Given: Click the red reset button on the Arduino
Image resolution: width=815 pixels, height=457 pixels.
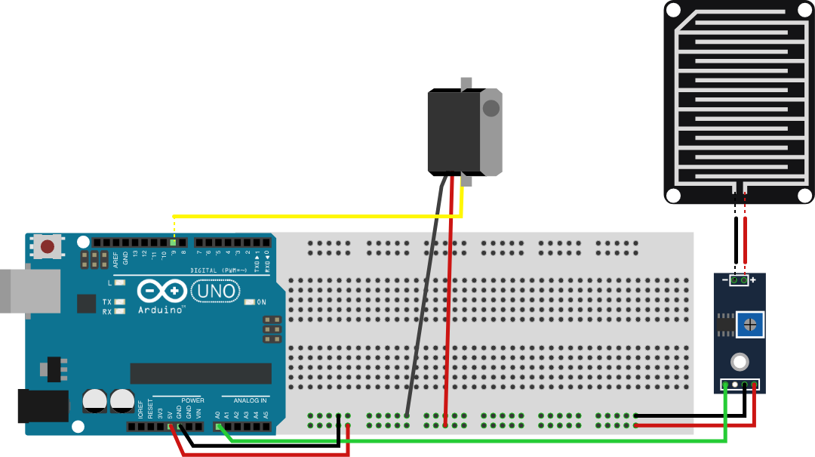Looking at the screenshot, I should click(48, 246).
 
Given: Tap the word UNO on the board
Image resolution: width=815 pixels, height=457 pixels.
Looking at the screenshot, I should click(215, 291).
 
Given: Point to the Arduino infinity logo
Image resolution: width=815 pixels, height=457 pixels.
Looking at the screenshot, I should click(161, 291).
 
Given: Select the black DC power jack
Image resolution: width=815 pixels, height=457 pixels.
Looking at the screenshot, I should click(42, 406).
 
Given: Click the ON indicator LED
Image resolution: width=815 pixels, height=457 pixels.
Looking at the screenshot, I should click(250, 302).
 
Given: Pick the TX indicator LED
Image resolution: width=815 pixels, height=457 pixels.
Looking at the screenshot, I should click(119, 301).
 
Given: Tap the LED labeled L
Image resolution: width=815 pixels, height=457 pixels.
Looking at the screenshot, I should click(119, 283).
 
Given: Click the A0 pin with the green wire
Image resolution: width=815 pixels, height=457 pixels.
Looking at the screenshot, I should click(217, 426).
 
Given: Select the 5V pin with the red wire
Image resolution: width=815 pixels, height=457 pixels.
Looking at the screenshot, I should click(170, 426).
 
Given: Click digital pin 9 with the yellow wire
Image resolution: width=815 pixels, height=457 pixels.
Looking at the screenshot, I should click(174, 242).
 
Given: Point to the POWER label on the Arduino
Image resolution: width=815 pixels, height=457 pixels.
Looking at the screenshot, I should click(192, 400).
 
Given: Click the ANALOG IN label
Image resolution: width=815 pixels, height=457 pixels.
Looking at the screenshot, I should click(250, 400).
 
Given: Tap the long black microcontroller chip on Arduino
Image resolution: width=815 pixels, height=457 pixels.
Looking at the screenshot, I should click(201, 373).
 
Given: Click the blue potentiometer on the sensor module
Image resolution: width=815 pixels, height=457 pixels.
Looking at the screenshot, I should click(749, 325).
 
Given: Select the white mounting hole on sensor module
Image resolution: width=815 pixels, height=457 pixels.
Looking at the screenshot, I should click(740, 361).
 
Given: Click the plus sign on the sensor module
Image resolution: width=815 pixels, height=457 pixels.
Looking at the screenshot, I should click(752, 279).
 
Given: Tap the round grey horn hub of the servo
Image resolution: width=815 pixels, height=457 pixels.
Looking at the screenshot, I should click(491, 108).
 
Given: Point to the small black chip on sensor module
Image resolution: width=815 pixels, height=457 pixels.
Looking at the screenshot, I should click(725, 326).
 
